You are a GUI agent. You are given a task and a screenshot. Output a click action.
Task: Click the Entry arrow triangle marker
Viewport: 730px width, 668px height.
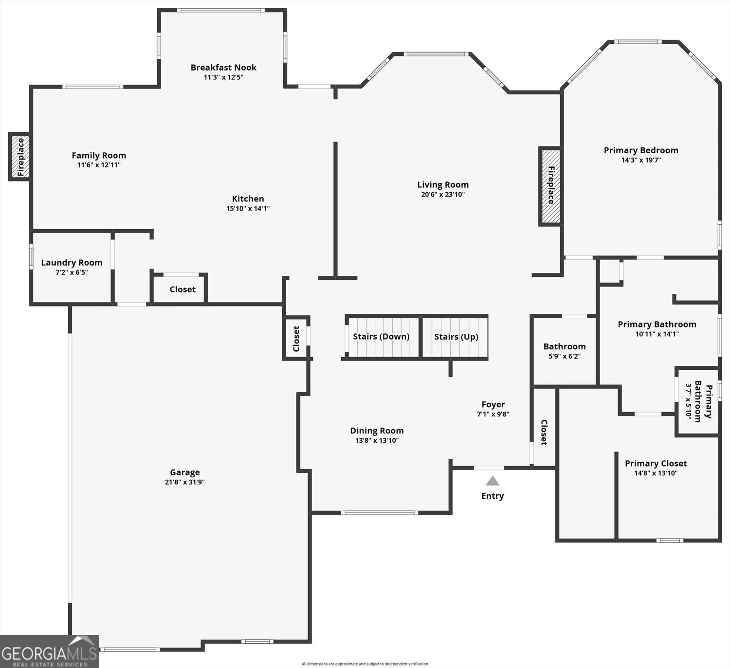(x=493, y=481)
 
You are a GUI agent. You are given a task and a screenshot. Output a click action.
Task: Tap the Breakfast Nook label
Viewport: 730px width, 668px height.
(x=223, y=68)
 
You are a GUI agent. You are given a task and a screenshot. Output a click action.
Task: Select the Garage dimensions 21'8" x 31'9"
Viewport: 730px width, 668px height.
(x=184, y=482)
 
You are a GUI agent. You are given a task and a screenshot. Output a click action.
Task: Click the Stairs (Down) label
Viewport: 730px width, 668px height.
(x=381, y=337)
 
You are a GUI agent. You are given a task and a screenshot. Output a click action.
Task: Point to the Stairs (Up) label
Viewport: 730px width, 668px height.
(x=456, y=337)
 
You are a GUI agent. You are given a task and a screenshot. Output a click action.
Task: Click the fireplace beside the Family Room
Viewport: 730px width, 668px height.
(x=20, y=157)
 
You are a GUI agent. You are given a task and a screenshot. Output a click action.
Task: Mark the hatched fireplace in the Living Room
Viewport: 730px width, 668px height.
(x=550, y=186)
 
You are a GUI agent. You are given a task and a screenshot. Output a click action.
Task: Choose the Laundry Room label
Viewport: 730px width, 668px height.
(x=72, y=263)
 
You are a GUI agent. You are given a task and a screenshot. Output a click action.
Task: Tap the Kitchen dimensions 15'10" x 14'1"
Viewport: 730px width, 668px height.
(x=248, y=209)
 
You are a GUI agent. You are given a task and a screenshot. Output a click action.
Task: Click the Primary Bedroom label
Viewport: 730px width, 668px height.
(x=641, y=150)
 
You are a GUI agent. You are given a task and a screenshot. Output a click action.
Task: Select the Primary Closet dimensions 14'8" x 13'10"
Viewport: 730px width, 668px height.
(x=656, y=473)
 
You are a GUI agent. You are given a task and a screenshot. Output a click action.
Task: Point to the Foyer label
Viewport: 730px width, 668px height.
(x=493, y=404)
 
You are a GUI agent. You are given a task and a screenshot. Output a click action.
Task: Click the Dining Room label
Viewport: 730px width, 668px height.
(x=377, y=431)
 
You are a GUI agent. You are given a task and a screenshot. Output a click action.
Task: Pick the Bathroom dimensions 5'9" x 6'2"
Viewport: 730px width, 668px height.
(x=565, y=356)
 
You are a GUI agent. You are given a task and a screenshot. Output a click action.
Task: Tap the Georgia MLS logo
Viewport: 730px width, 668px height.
(x=50, y=651)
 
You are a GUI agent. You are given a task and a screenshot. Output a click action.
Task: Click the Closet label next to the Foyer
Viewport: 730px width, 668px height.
(x=544, y=433)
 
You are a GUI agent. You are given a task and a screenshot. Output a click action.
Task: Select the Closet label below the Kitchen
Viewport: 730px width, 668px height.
(x=182, y=289)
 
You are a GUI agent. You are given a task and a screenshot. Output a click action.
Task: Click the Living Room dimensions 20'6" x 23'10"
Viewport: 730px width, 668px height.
(x=443, y=195)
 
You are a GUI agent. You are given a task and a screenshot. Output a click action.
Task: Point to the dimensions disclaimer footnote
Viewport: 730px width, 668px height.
(x=365, y=664)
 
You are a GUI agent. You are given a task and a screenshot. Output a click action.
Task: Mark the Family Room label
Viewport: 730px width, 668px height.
(x=99, y=156)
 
